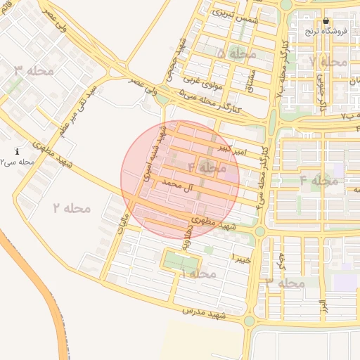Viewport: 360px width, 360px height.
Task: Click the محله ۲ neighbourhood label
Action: [x=72, y=208]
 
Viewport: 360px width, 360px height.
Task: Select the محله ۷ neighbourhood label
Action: [x=329, y=61]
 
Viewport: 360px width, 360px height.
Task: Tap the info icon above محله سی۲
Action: [x=18, y=151]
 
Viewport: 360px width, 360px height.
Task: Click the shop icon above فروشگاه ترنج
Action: [x=326, y=21]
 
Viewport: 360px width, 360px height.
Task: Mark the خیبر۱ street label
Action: [x=241, y=255]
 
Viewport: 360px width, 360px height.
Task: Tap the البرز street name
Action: [x=323, y=307]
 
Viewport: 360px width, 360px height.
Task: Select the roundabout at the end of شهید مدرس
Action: [x=249, y=321]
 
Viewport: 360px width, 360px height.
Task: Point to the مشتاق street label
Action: [x=248, y=85]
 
